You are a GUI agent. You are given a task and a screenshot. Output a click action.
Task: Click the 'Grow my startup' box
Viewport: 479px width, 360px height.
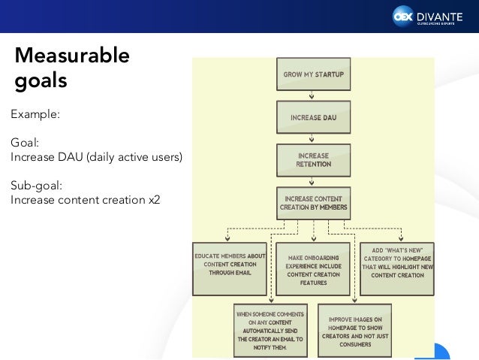(x=313, y=75)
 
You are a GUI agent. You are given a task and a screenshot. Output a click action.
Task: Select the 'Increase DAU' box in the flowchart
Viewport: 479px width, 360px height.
(x=313, y=118)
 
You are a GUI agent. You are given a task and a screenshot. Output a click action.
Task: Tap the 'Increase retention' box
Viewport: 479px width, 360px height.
(x=313, y=160)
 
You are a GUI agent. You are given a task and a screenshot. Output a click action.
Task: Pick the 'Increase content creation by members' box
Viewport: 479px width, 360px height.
(x=313, y=202)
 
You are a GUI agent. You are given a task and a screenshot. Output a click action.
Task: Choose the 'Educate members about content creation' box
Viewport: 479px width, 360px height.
(x=230, y=264)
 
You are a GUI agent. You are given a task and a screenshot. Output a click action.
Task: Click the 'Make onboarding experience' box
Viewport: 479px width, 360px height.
(x=312, y=269)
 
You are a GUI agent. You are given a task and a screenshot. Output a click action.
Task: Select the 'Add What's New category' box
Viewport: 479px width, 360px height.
(x=396, y=265)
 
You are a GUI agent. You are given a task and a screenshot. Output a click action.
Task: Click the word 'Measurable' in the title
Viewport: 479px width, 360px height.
(x=72, y=56)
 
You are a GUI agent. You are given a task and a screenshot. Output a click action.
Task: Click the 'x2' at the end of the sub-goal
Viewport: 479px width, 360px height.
(x=154, y=200)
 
